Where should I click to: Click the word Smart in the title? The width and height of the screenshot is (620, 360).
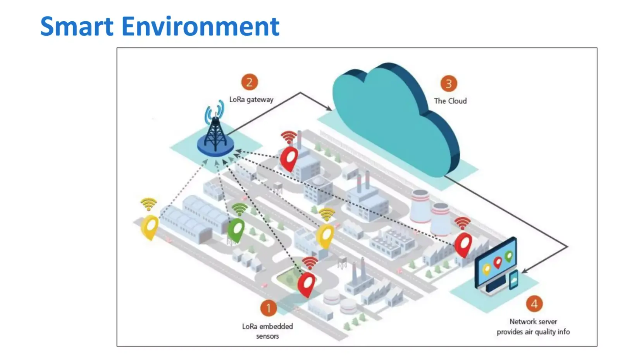click(x=77, y=27)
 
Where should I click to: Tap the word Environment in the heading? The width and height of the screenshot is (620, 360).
click(x=200, y=27)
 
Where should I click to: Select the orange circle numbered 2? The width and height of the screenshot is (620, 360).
click(x=250, y=82)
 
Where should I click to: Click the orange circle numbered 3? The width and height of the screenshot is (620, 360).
click(x=449, y=84)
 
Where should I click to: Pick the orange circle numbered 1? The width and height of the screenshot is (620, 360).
click(x=269, y=308)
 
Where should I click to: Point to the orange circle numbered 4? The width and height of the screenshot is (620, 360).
click(x=534, y=304)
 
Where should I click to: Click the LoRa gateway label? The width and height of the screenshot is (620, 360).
click(x=251, y=100)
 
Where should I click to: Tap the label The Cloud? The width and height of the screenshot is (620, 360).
click(x=450, y=101)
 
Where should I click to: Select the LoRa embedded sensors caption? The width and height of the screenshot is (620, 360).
click(x=267, y=331)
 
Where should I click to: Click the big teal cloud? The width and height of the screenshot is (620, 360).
click(x=396, y=119)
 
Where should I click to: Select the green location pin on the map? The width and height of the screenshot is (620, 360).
click(x=236, y=230)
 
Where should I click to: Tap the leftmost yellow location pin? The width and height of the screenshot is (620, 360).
click(x=150, y=227)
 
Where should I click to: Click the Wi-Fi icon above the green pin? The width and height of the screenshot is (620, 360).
click(x=239, y=209)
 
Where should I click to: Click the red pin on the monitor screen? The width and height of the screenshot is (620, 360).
click(x=498, y=262)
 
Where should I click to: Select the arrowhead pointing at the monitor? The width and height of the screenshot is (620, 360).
click(x=525, y=270)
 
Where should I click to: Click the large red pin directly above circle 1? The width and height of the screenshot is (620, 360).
click(x=307, y=284)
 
